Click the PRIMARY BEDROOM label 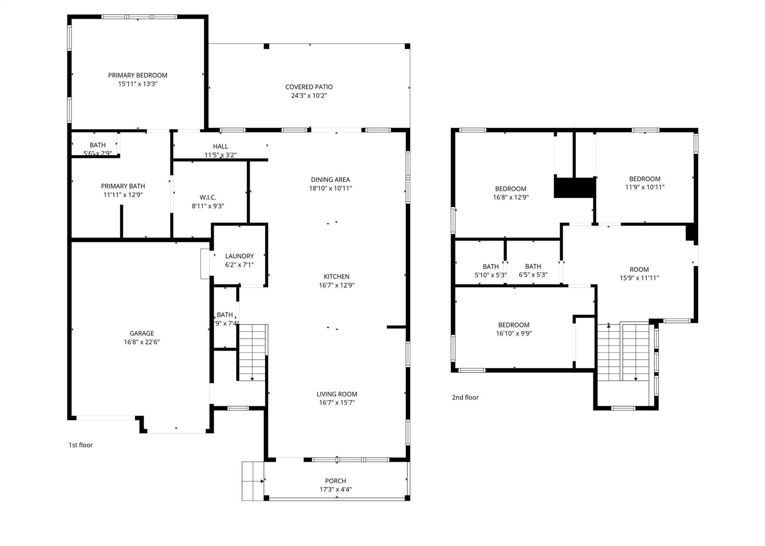tap(137, 75)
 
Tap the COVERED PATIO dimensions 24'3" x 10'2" tap(309, 96)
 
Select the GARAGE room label tap(142, 334)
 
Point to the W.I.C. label tap(208, 198)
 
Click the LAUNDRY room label tap(239, 256)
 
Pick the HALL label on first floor tap(220, 146)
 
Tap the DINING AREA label tap(330, 180)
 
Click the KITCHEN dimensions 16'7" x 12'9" tap(336, 285)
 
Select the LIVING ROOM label tap(337, 394)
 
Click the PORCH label tap(335, 481)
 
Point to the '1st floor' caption tap(81, 445)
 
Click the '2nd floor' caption tap(465, 397)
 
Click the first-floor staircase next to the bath tap(252, 353)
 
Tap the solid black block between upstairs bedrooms tap(574, 187)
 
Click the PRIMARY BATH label tap(123, 186)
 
